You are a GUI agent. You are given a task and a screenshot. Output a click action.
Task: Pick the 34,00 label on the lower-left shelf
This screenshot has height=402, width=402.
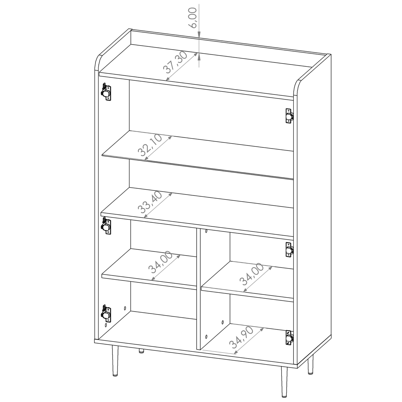[160, 264]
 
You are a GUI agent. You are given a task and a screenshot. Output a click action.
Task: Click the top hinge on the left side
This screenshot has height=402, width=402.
[106, 92]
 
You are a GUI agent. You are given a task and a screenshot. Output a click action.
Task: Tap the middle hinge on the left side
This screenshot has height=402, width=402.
[106, 225]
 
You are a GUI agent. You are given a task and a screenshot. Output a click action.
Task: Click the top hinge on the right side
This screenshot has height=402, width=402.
[289, 116]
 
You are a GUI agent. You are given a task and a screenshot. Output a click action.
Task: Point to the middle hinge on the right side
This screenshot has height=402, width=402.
[289, 249]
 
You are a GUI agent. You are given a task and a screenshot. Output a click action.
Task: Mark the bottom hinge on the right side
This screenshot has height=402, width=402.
[289, 338]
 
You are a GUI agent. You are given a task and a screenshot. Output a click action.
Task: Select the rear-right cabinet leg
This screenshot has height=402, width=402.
[310, 365]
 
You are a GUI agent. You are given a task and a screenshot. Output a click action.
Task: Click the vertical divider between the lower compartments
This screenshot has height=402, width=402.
[199, 288]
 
